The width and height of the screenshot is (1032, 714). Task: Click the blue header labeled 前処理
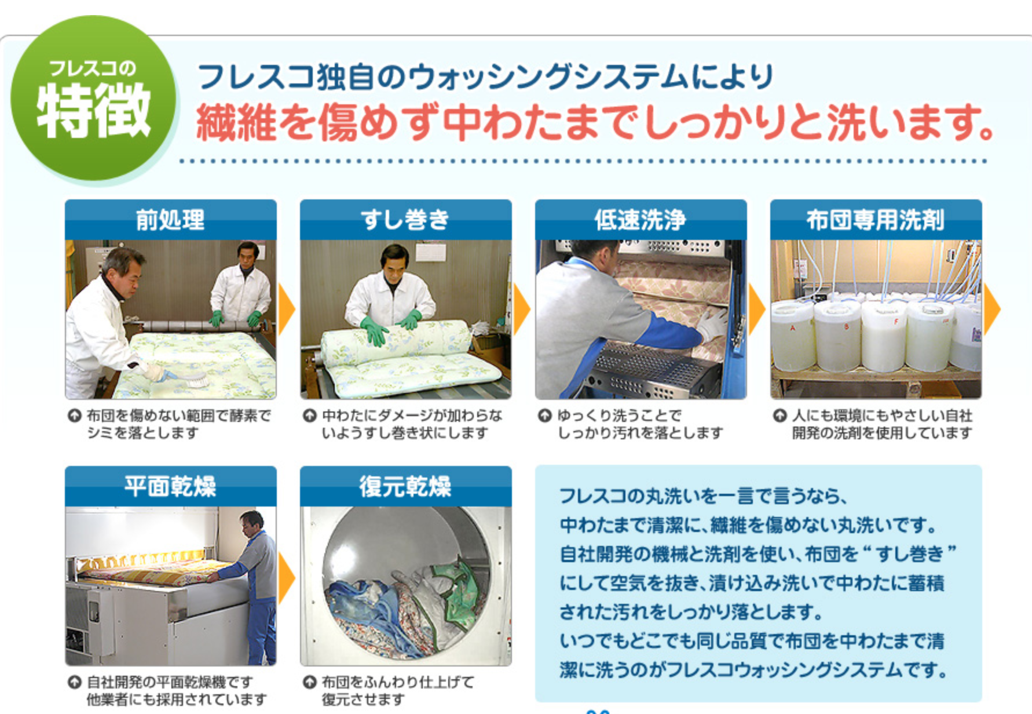point(171,220)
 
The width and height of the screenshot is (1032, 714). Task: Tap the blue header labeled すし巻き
point(406,220)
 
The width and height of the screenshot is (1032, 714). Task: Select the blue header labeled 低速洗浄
point(641,220)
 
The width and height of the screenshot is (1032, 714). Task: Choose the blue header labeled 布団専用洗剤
point(876,220)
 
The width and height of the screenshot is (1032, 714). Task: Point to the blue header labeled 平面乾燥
point(171,486)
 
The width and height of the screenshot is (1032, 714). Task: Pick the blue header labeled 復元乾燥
point(406,486)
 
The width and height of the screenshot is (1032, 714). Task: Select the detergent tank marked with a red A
point(792,336)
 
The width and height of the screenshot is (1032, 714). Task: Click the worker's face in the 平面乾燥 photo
point(250,523)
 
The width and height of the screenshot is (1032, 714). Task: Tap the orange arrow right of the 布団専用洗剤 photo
point(992,309)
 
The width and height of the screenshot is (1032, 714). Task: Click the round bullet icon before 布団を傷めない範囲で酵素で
point(75,416)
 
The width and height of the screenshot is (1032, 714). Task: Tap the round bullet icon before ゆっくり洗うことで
point(544,416)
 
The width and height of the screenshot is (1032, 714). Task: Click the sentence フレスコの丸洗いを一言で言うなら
point(703,496)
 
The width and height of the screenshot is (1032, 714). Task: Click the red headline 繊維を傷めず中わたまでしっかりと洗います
point(595,122)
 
